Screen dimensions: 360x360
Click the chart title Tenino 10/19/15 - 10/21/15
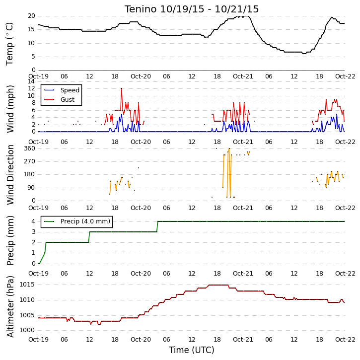192,9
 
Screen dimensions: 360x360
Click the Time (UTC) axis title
192,350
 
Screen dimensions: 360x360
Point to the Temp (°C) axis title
9,44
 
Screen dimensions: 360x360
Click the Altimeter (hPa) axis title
10,306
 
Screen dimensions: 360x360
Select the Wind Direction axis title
10,175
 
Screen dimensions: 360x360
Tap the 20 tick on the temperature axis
31,16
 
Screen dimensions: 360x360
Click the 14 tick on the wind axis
31,81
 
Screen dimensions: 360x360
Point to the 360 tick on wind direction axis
30,148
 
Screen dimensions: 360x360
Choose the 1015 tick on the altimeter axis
27,285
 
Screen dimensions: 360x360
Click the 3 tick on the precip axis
34,232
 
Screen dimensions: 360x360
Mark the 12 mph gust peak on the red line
122,88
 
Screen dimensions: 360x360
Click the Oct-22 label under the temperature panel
345,76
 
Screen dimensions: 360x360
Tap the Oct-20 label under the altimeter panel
141,339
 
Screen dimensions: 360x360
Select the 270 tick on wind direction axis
30,161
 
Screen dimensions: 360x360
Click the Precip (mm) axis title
10,241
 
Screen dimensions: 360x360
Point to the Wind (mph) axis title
10,109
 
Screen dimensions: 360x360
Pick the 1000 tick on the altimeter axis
27,330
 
